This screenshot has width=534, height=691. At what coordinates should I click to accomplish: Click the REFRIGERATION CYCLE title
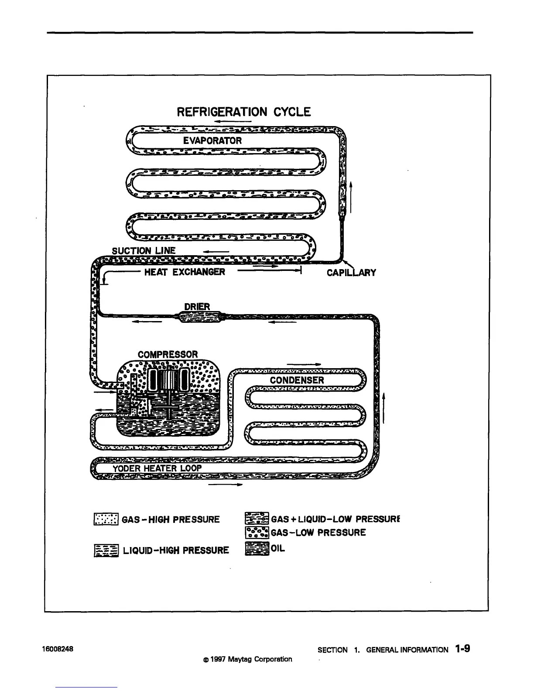[x=243, y=112]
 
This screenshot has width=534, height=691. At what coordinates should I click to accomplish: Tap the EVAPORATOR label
[x=212, y=140]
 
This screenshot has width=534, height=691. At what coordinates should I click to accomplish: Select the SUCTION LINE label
[x=144, y=250]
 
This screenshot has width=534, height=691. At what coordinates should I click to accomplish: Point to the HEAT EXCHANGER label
[x=185, y=272]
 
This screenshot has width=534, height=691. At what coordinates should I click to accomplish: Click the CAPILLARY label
[x=351, y=273]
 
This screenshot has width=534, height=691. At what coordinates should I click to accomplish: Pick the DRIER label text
[x=197, y=307]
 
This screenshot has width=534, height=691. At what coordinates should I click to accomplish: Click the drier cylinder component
[x=199, y=317]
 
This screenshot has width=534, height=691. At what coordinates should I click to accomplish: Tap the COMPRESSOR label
[x=168, y=354]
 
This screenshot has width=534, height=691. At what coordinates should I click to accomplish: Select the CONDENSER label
[x=297, y=380]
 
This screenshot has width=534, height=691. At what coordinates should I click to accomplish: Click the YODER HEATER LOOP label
[x=157, y=469]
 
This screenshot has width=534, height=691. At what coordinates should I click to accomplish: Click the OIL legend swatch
[x=257, y=549]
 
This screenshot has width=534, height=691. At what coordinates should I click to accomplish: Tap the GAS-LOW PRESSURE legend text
[x=318, y=533]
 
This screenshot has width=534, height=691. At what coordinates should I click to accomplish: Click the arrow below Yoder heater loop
[x=225, y=485]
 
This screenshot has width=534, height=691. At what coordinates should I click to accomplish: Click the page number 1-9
[x=462, y=649]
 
